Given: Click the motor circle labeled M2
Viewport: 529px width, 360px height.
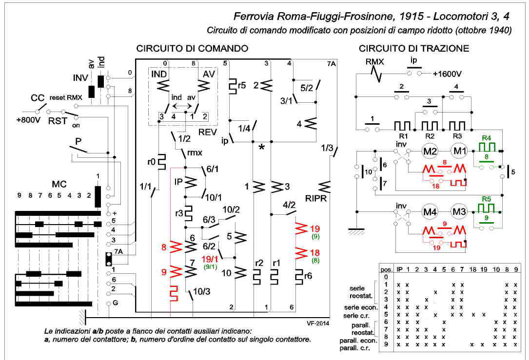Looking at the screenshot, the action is tap(430, 152).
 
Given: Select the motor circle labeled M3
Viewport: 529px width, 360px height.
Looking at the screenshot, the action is tap(459, 212).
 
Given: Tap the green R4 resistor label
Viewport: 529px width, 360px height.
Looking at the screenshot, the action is tap(486, 138).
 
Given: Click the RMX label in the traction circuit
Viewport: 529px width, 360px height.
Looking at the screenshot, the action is tap(374, 62).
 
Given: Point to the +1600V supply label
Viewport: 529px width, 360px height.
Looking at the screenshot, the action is tap(447, 74).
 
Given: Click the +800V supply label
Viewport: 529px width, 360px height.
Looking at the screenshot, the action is tap(28, 120).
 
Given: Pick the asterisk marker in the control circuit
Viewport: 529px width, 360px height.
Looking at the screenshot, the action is tap(261, 148).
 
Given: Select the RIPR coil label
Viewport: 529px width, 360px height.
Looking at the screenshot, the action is tap(316, 199).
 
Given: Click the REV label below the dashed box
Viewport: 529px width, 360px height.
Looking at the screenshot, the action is tap(207, 132).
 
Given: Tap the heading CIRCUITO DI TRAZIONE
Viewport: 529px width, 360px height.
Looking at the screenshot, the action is tap(414, 49).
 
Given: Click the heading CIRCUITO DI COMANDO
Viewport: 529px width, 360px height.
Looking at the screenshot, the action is tap(192, 49).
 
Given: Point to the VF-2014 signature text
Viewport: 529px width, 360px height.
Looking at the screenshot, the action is tap(318, 323).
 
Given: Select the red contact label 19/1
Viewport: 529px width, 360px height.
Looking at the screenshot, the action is tap(210, 259).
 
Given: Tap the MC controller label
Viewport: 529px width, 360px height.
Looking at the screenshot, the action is tap(59, 184).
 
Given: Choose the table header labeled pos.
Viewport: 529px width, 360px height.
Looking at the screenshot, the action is tap(387, 270).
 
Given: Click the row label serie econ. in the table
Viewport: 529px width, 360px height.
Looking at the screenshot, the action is tap(361, 307).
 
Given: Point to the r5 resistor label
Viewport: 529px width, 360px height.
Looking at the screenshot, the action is tap(241, 85).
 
